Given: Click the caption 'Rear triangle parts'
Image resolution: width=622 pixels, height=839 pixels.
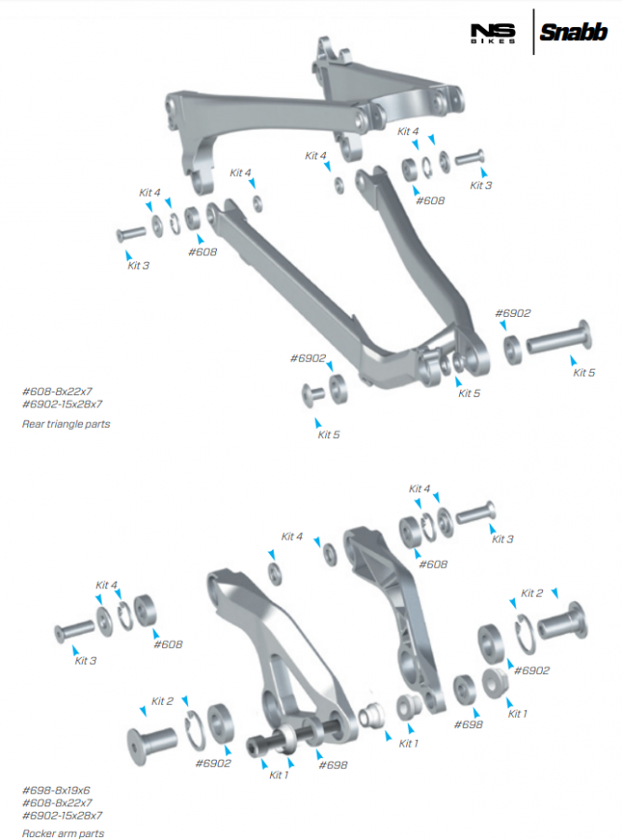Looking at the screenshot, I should coord(66,423).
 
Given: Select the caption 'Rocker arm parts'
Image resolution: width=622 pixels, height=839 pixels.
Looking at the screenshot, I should coord(63,833).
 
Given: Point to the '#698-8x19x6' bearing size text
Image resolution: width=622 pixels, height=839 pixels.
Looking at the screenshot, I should coord(57,790).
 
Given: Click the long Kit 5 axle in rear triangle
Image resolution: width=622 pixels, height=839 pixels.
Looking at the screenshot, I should coord(560,337).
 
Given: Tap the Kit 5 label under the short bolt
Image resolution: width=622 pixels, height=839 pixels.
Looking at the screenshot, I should coord(329,434).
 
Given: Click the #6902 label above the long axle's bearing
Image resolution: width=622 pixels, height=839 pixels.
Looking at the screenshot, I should coord(513,313).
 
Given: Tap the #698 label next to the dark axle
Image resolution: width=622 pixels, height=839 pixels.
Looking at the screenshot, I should coord(332,764).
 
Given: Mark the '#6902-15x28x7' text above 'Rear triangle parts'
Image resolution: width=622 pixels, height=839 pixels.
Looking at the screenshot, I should coord(62,404).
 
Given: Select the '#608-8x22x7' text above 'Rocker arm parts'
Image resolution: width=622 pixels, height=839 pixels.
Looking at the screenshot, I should coord(57,802).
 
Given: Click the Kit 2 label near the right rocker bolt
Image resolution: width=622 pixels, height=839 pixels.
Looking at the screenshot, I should coord(532,593).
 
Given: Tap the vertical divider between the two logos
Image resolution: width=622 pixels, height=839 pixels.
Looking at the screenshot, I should coord(534,33).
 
